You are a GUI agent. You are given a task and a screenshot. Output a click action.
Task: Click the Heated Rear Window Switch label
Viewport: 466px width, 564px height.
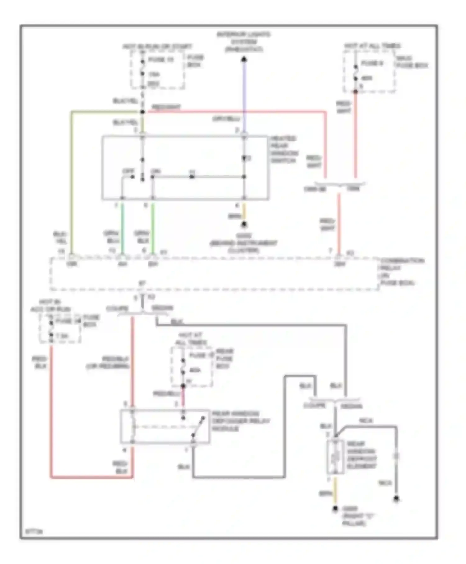(284, 149)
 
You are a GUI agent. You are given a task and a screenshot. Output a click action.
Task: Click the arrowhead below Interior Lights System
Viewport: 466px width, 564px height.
(244, 59)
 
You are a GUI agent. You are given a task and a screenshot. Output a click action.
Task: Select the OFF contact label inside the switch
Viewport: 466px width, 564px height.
(128, 171)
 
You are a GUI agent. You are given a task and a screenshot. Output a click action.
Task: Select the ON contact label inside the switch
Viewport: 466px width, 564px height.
(155, 171)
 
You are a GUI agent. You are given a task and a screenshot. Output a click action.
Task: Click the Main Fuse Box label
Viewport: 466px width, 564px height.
(412, 62)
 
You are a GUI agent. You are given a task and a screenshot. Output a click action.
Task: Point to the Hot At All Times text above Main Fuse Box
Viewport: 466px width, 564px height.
(372, 46)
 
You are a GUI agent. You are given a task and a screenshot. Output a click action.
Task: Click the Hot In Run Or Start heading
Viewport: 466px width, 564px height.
(157, 47)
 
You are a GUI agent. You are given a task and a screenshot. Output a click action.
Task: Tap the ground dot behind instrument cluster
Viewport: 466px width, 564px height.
(244, 224)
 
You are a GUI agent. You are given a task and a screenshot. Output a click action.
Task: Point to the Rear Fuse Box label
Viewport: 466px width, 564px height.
(224, 358)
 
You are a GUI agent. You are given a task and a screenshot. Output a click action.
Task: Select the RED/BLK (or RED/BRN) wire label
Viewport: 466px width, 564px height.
(108, 363)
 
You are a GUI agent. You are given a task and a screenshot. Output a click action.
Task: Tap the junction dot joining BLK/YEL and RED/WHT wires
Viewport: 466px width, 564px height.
(142, 112)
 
